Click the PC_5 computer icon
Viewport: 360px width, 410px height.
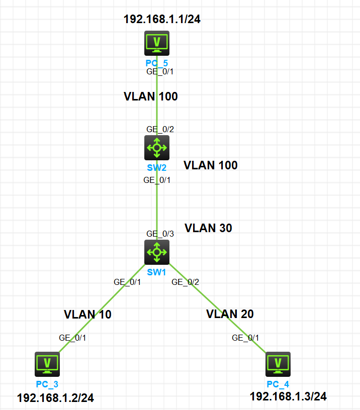tap(157, 43)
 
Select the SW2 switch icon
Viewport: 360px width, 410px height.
tap(157, 147)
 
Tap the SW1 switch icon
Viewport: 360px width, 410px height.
tap(157, 251)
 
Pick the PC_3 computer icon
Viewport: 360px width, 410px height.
tap(47, 364)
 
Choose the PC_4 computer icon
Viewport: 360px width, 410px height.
tap(278, 364)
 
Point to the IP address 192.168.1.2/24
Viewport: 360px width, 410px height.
tap(55, 398)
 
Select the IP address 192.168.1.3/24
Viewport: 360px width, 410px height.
tap(288, 397)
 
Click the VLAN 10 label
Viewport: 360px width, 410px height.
tap(87, 315)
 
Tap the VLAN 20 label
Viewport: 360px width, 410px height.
tap(230, 315)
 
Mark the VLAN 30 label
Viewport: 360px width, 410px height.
tap(208, 228)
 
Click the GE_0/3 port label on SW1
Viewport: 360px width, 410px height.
tap(160, 234)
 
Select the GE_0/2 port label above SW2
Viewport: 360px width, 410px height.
tap(160, 130)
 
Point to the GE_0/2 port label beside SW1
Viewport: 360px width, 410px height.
tap(186, 282)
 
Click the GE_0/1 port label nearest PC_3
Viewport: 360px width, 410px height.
tap(72, 338)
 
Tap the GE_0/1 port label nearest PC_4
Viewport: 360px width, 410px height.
tap(245, 338)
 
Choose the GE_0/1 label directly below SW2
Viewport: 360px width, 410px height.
tap(157, 180)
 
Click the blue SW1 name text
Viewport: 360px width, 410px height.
tap(156, 272)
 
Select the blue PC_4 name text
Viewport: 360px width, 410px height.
tap(278, 384)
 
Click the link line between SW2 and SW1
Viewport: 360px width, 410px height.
tap(157, 206)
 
